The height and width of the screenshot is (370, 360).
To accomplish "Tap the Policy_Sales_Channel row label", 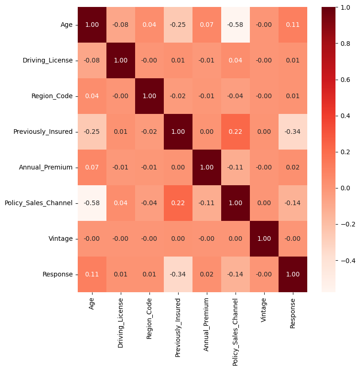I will pyautogui.click(x=38, y=203).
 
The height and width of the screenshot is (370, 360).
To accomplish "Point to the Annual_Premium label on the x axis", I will pyautogui.click(x=207, y=320).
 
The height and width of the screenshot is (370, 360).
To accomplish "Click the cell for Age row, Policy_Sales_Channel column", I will pyautogui.click(x=236, y=25).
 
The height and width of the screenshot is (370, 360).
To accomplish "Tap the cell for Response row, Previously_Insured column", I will pyautogui.click(x=178, y=274).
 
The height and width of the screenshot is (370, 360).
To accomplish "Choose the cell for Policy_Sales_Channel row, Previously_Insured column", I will pyautogui.click(x=178, y=203).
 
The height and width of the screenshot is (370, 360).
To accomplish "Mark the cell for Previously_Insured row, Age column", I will pyautogui.click(x=92, y=132).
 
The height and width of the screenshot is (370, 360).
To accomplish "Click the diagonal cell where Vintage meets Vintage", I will pyautogui.click(x=264, y=238).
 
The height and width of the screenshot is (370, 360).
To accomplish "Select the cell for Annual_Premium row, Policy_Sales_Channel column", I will pyautogui.click(x=236, y=167).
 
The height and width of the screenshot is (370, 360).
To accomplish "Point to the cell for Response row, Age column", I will pyautogui.click(x=92, y=274).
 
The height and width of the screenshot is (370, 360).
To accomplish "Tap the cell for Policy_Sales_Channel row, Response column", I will pyautogui.click(x=293, y=203).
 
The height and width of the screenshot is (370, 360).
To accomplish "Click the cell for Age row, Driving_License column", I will pyautogui.click(x=121, y=25).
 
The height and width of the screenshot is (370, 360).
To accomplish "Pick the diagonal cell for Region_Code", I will pyautogui.click(x=149, y=96).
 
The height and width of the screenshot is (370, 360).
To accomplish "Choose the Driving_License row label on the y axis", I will pyautogui.click(x=48, y=60).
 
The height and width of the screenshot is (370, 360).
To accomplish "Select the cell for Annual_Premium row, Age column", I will pyautogui.click(x=92, y=167).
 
